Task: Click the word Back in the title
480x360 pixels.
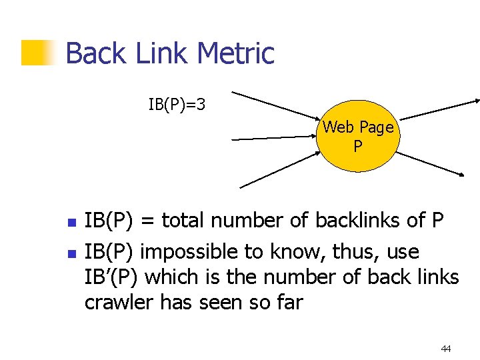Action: coord(93,53)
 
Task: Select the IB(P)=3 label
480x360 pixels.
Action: coord(177,105)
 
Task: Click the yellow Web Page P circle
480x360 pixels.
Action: coord(359,137)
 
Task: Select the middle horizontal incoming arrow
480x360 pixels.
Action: coord(273,139)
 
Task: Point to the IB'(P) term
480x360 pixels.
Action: coord(111,277)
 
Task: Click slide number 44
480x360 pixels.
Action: coord(445,348)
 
